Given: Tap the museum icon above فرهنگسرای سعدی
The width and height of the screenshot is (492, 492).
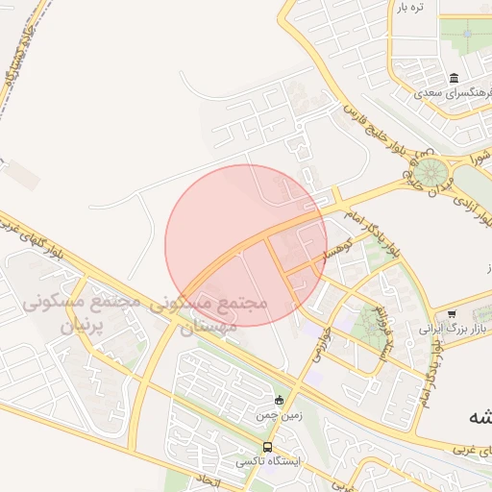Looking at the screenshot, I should [x=454, y=78].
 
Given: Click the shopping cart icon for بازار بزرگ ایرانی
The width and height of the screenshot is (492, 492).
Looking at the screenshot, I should [x=452, y=314].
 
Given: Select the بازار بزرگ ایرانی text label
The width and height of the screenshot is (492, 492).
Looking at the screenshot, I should [x=453, y=329].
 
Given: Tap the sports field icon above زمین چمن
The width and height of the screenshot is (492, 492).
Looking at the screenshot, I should [x=279, y=400].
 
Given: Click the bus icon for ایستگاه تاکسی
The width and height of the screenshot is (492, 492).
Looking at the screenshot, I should [x=267, y=447].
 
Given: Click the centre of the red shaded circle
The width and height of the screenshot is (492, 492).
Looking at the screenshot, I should [x=246, y=245].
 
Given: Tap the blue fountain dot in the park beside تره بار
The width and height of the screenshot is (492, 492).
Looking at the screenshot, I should [x=468, y=34].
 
